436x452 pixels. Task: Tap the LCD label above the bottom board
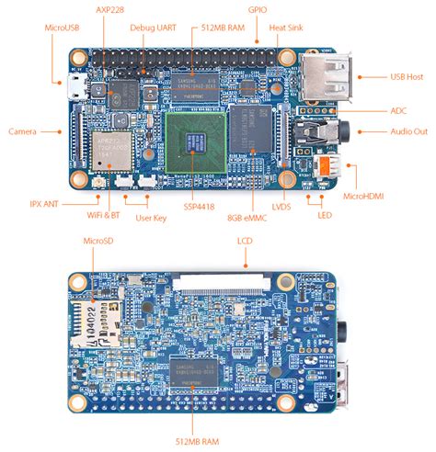point(245,240)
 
